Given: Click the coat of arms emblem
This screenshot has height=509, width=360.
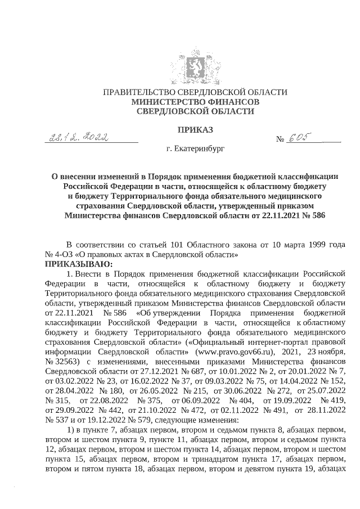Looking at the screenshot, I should click(195, 66).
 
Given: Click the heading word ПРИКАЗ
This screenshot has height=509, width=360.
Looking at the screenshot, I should click(195, 130).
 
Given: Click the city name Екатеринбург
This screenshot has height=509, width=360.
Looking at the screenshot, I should click(195, 150).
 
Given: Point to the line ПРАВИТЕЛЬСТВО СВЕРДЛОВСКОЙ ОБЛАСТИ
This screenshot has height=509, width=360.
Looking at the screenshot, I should click(195, 92).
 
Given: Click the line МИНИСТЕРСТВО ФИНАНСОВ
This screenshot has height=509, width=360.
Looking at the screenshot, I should click(195, 102).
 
